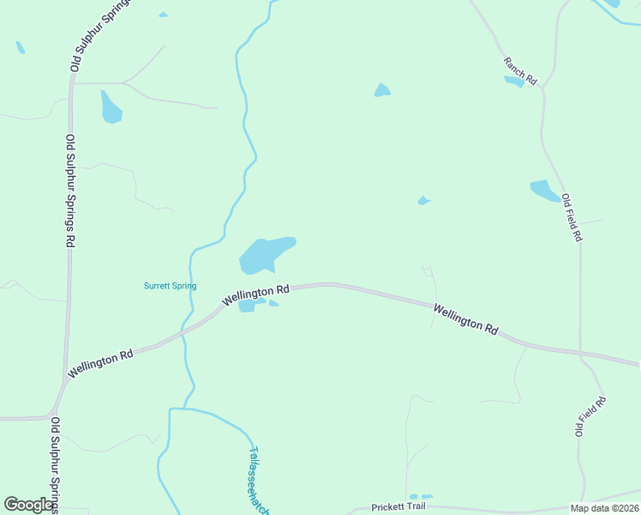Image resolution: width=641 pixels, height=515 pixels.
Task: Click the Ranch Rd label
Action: click(x=519, y=70)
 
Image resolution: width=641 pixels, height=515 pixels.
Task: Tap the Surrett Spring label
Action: click(x=170, y=286)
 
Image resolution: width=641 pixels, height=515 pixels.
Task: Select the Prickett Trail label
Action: click(x=398, y=507)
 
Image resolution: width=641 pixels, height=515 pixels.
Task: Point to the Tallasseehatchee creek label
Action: click(x=259, y=481)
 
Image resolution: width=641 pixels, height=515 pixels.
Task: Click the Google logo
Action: click(x=29, y=505)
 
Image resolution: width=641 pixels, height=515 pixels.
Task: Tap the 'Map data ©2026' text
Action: click(x=604, y=508)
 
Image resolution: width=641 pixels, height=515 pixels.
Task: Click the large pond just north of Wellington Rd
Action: click(x=266, y=254)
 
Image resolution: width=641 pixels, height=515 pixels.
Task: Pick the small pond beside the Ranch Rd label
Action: click(x=514, y=82)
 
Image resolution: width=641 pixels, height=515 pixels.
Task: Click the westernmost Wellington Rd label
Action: click(x=101, y=363)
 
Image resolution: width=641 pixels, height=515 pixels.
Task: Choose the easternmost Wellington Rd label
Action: click(x=465, y=318)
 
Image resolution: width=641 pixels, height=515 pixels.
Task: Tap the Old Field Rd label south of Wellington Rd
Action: click(x=590, y=416)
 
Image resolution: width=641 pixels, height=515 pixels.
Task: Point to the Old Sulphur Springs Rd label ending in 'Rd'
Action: click(x=70, y=191)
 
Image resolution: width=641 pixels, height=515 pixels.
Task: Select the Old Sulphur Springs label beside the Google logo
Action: click(x=55, y=463)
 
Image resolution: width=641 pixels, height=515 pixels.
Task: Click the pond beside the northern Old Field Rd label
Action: click(x=544, y=191)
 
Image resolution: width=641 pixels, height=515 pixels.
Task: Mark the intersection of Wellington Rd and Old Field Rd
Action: click(x=580, y=354)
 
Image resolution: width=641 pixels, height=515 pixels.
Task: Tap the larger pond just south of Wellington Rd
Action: click(x=247, y=306)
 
